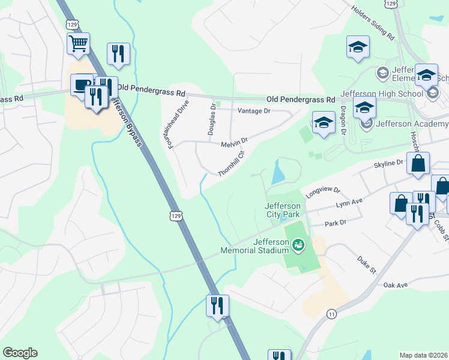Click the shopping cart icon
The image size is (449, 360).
point(78,43)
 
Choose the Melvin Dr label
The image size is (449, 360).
point(234,143)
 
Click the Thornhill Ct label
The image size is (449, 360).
point(232,163)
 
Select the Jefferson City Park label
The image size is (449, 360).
point(282,209)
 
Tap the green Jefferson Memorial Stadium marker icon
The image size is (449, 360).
point(298,245)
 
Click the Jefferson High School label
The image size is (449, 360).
point(373,94)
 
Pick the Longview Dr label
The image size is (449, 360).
point(322,192)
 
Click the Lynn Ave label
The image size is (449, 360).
point(350,203)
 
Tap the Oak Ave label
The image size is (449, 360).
point(396,284)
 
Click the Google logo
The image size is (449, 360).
point(20,353)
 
